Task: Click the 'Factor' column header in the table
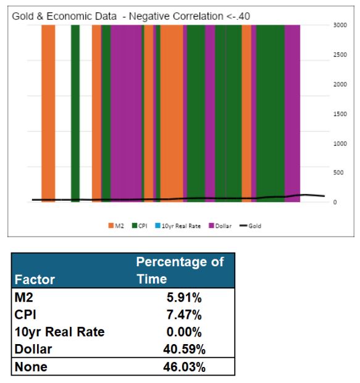coord(35,279)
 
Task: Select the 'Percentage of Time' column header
coord(180,270)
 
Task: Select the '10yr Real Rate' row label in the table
coord(59,332)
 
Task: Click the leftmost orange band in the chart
coord(48,111)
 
